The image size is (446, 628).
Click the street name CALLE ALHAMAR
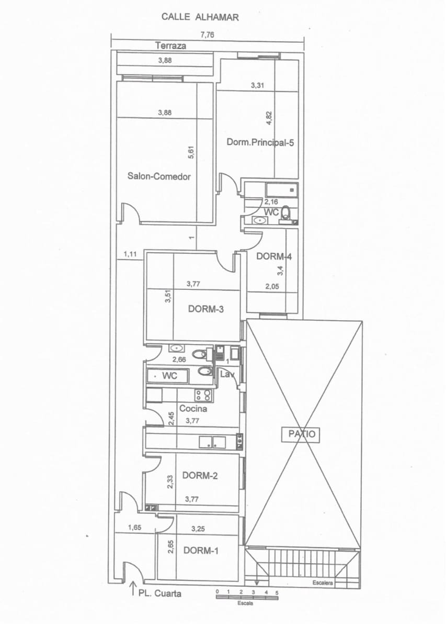point(200,17)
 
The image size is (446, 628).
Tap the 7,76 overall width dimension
point(207,35)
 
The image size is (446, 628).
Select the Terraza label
point(170,46)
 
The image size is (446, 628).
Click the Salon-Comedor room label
point(159,176)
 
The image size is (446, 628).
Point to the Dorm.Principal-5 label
point(260,142)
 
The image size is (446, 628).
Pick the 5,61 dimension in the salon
point(191,153)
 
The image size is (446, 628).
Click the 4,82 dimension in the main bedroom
point(269,118)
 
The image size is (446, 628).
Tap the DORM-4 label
point(274,256)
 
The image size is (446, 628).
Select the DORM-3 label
point(206,309)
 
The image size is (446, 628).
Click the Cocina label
point(193,409)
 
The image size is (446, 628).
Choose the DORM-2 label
point(200,476)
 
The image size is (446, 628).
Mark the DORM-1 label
point(201,551)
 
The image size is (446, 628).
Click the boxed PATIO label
point(301,434)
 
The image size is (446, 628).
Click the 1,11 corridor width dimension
point(130,254)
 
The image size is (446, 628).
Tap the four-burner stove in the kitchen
point(204,395)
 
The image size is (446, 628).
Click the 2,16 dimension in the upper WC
point(271,201)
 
